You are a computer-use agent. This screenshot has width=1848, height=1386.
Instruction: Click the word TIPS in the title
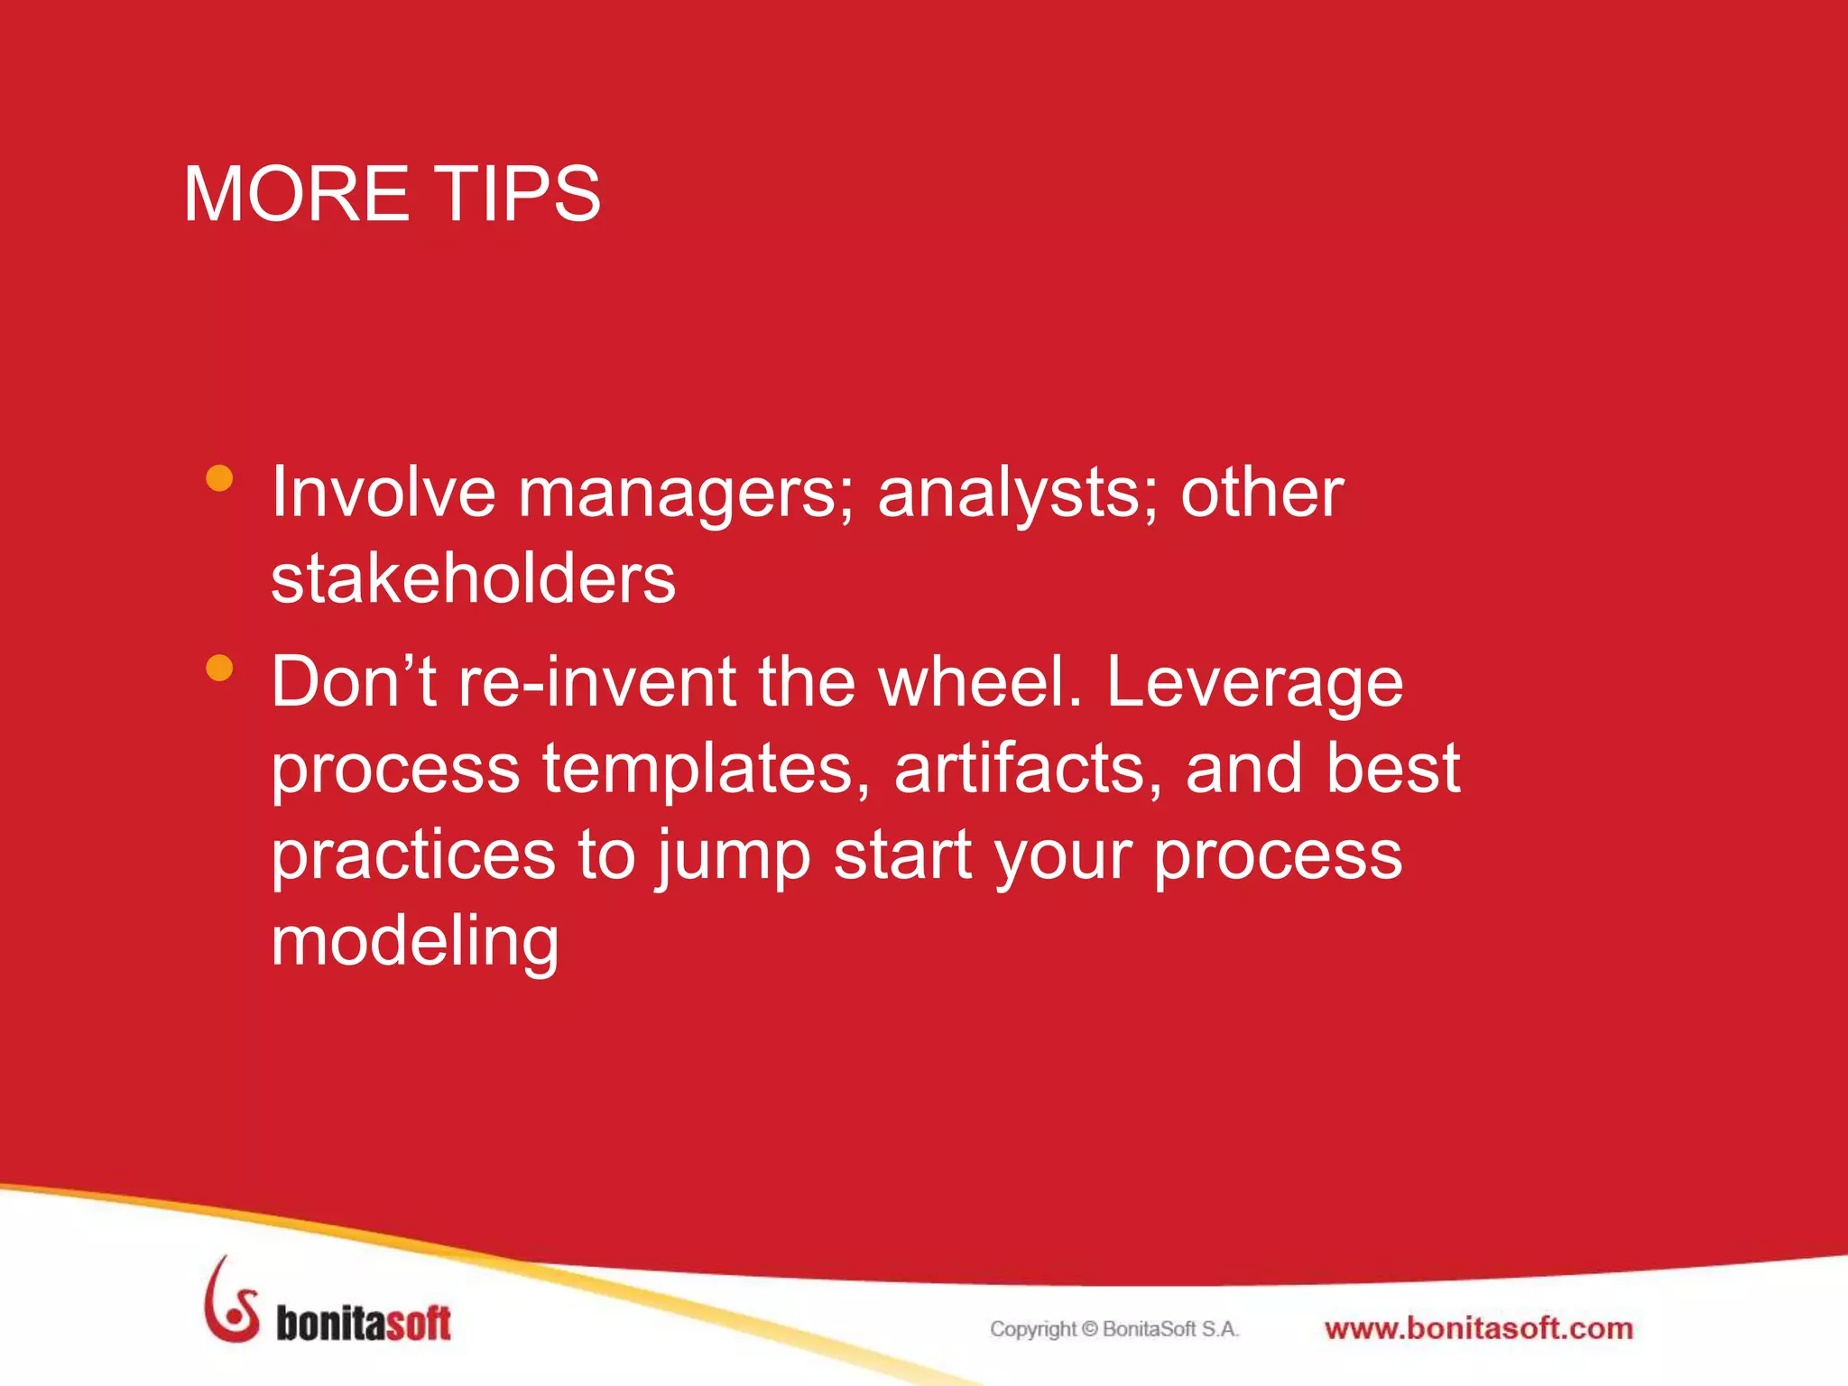508,194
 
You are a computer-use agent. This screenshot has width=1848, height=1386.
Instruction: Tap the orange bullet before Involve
219,478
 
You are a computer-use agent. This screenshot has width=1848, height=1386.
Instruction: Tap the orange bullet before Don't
219,668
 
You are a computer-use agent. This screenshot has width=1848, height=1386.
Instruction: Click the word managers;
686,494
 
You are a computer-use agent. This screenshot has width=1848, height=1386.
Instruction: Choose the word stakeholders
473,578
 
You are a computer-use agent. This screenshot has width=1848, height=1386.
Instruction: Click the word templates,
706,769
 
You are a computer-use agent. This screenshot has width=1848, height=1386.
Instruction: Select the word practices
413,855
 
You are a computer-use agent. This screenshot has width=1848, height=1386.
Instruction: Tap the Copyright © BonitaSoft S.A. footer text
1114,1329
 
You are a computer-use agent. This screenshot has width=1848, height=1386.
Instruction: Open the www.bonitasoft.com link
1478,1329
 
